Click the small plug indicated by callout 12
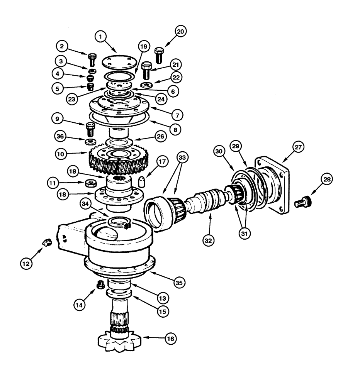point(46,244)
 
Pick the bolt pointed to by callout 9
point(90,129)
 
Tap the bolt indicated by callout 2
point(92,60)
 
